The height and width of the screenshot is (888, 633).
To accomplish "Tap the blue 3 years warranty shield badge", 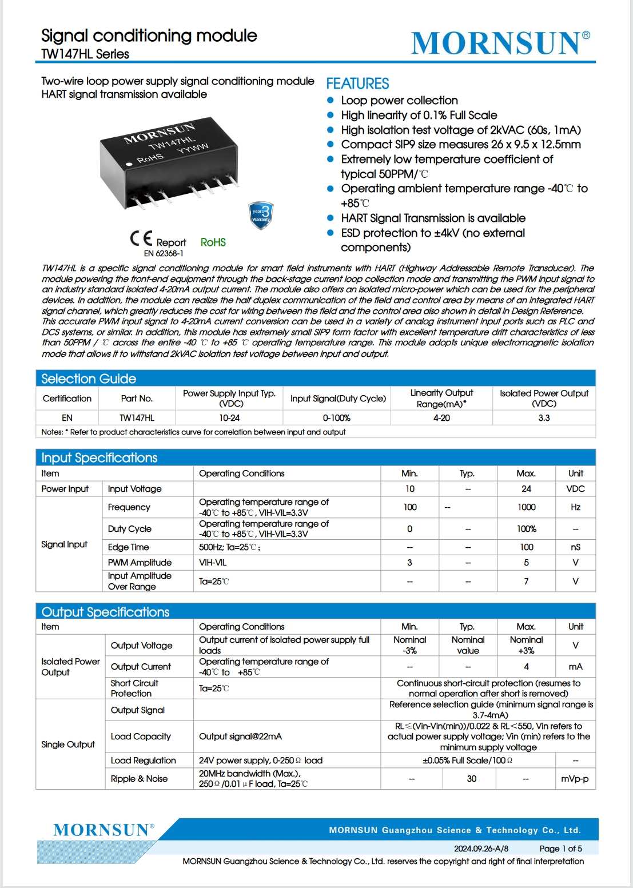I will point(261,216).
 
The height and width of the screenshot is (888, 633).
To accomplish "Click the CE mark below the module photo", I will point(141,238).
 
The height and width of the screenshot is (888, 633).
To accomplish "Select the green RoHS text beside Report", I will point(213,242).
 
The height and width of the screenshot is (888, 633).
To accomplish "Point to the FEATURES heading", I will point(357,84).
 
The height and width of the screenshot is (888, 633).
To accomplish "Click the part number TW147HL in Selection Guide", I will point(137,418).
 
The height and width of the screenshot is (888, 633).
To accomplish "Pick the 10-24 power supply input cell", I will point(229,418).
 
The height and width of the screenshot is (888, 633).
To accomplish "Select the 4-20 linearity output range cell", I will point(441,418).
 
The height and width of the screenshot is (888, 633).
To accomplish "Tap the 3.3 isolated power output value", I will point(544,418).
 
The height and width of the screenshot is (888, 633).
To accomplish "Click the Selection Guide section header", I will point(89,379).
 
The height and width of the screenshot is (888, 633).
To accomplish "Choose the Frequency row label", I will point(129,507).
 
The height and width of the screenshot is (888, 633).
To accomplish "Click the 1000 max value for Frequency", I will point(526,507).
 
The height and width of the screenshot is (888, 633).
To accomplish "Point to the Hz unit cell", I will point(575,507).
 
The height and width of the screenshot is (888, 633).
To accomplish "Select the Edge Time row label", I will point(129,547).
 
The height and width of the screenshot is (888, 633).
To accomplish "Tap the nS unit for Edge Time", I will point(575,547).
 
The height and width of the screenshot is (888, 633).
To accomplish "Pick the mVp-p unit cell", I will point(575,779).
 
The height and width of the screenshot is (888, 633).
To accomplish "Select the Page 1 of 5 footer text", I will point(560,849).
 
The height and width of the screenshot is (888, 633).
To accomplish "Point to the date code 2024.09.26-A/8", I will point(481,849).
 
